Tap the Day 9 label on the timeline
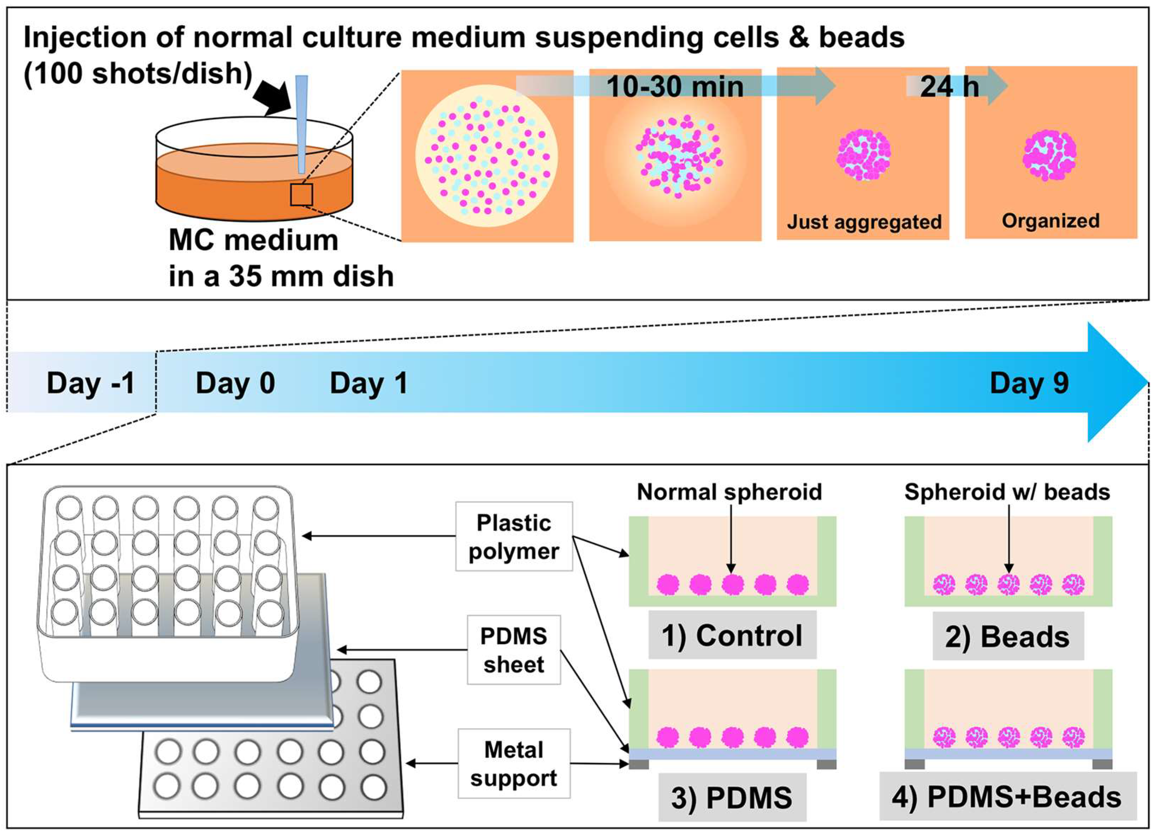pyautogui.click(x=1029, y=383)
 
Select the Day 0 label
pyautogui.click(x=235, y=383)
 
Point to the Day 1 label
pyautogui.click(x=368, y=383)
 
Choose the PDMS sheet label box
pyautogui.click(x=514, y=650)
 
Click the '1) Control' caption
pyautogui.click(x=732, y=636)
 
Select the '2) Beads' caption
pyautogui.click(x=1007, y=637)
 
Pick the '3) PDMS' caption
pyautogui.click(x=732, y=798)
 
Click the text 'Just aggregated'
pyautogui.click(x=864, y=222)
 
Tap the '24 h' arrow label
pyautogui.click(x=949, y=87)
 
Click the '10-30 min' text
pyautogui.click(x=675, y=87)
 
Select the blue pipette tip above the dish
pyautogui.click(x=301, y=123)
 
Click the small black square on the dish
pyautogui.click(x=301, y=195)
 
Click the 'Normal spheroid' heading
pyautogui.click(x=729, y=492)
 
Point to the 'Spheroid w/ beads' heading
pyautogui.click(x=1007, y=492)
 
